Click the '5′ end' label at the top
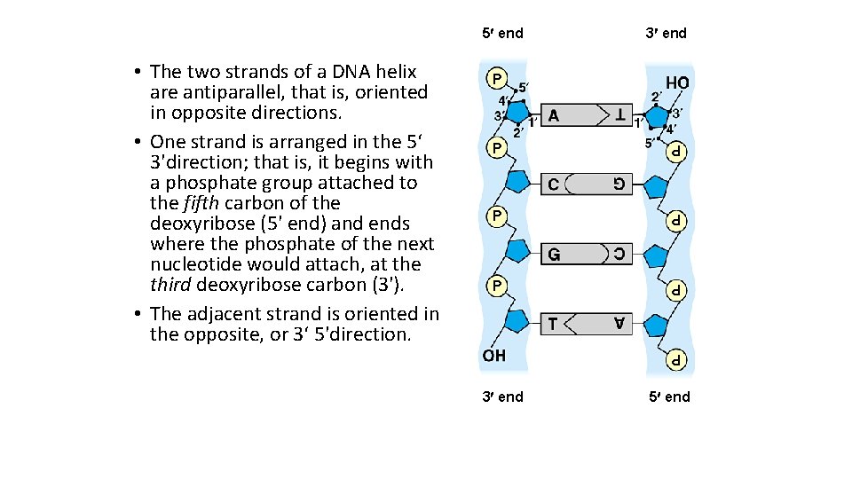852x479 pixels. (x=502, y=34)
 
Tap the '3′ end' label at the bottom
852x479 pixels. (x=502, y=397)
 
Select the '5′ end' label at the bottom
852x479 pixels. (x=666, y=397)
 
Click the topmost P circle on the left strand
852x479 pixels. (x=494, y=79)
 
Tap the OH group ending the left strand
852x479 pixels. (x=494, y=355)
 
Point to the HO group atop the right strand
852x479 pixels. (x=677, y=82)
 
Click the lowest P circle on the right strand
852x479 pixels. (x=677, y=361)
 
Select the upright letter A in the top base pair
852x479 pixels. (x=554, y=115)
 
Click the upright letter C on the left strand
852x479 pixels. (x=554, y=185)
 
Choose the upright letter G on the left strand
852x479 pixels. (x=554, y=254)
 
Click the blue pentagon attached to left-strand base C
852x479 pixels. (x=518, y=183)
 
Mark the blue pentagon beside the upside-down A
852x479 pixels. (x=656, y=326)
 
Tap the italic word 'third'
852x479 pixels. (x=170, y=285)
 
